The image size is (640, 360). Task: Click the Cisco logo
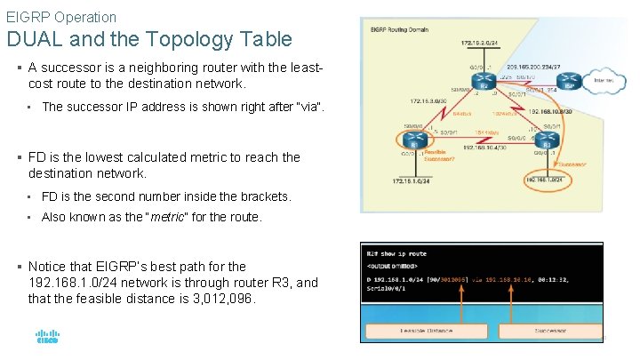pyautogui.click(x=46, y=337)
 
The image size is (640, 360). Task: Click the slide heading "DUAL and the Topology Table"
pyautogui.click(x=148, y=39)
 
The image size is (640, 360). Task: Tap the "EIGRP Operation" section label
pyautogui.click(x=61, y=16)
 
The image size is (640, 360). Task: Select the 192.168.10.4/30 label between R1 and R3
pyautogui.click(x=484, y=148)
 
